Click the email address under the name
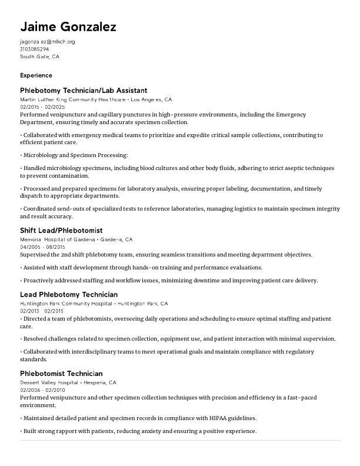coord(47,42)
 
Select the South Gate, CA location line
coord(39,57)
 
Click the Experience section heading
coord(36,75)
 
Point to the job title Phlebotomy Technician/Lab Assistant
coord(84,91)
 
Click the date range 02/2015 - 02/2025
coord(42,107)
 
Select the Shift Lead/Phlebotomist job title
coord(61,231)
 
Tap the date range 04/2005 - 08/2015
coord(42,247)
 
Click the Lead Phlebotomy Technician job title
coord(69,295)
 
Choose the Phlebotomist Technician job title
coord(61,374)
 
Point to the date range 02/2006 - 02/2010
coord(42,390)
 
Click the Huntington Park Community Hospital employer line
coord(94,304)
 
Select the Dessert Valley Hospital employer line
coord(68,382)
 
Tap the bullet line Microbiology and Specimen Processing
coord(75,155)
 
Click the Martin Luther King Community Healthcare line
coord(95,99)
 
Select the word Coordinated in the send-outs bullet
coord(41,209)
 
